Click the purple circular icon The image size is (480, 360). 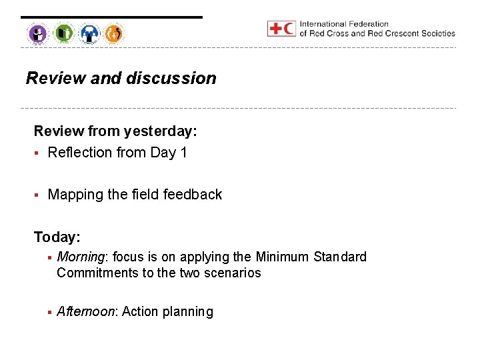[38, 33]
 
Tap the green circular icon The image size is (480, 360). [64, 33]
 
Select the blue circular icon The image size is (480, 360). [89, 33]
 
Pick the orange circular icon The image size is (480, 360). [114, 33]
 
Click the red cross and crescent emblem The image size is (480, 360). [281, 28]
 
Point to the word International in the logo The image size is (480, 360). [323, 24]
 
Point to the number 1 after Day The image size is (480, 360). [183, 153]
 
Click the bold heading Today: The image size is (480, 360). [57, 237]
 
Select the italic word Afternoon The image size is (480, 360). [87, 312]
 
